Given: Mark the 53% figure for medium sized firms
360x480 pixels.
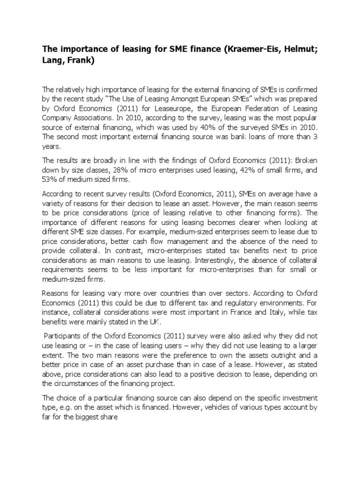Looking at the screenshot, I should [x=50, y=180].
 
